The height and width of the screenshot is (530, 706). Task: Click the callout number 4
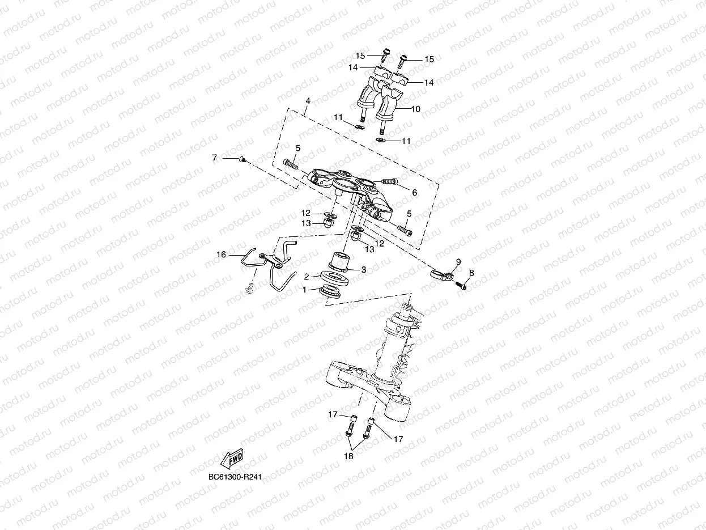[x=308, y=101]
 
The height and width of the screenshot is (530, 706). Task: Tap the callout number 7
[x=215, y=158]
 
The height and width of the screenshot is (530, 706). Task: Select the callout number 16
[x=221, y=255]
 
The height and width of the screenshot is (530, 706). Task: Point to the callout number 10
[x=415, y=109]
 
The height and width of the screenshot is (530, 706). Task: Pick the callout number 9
[x=458, y=261]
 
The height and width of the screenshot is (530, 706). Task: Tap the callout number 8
[x=471, y=273]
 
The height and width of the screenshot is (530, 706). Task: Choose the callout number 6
[x=414, y=193]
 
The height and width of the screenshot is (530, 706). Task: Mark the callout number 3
[x=364, y=270]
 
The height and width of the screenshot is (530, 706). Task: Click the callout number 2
[x=306, y=277]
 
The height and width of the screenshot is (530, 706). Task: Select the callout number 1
[x=304, y=290]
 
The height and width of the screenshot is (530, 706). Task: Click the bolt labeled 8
[x=461, y=286]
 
